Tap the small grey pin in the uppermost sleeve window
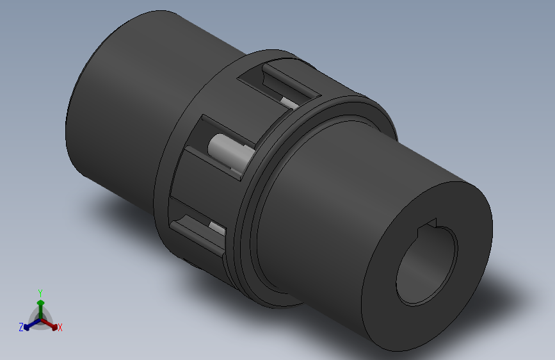[289, 102]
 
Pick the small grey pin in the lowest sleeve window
[216, 227]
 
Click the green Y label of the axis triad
[40, 291]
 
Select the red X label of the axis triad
[60, 328]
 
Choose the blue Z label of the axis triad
[21, 327]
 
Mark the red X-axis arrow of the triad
[51, 323]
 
